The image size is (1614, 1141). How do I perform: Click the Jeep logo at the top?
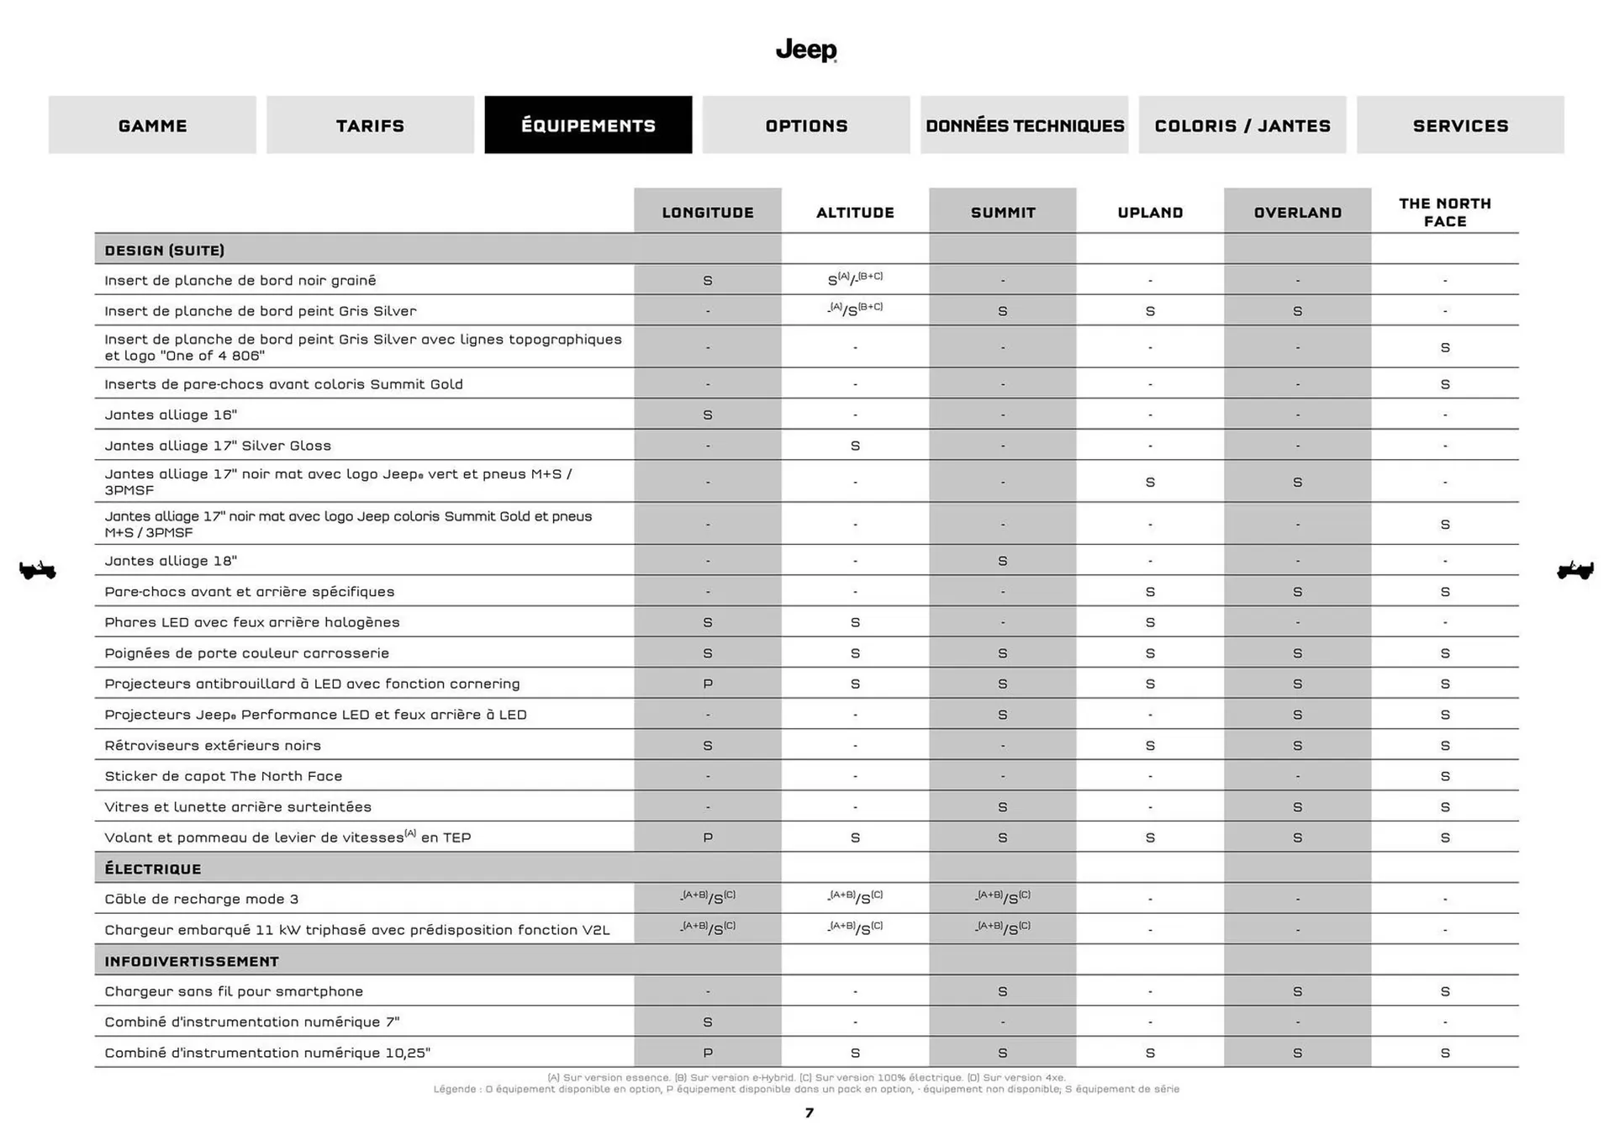click(x=805, y=50)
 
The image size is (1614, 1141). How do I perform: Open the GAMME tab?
click(x=152, y=125)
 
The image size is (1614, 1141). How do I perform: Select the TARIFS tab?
click(x=370, y=125)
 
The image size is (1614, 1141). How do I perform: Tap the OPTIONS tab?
click(x=805, y=125)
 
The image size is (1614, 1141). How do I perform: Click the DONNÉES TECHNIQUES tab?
click(x=1024, y=125)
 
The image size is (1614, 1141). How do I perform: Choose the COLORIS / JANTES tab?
click(x=1242, y=125)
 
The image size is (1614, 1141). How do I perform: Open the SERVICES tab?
click(x=1459, y=125)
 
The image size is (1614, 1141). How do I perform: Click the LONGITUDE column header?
click(x=707, y=213)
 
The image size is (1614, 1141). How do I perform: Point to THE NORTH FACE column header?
click(x=1444, y=213)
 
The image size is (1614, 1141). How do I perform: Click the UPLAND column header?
click(x=1149, y=213)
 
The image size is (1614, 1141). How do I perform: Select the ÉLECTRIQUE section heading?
click(x=153, y=869)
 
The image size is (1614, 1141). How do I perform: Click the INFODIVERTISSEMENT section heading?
click(x=192, y=961)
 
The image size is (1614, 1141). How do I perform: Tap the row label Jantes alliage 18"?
click(x=171, y=561)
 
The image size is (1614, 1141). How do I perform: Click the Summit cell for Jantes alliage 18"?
click(x=1002, y=561)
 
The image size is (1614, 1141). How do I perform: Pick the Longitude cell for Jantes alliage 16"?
click(x=707, y=415)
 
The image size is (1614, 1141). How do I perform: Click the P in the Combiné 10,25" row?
click(x=707, y=1053)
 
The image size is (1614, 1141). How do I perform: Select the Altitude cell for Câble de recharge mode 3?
click(x=855, y=898)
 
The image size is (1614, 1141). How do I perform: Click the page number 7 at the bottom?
click(x=809, y=1113)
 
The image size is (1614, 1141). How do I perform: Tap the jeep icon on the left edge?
click(x=38, y=570)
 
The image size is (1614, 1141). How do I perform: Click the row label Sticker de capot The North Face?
click(x=224, y=776)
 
